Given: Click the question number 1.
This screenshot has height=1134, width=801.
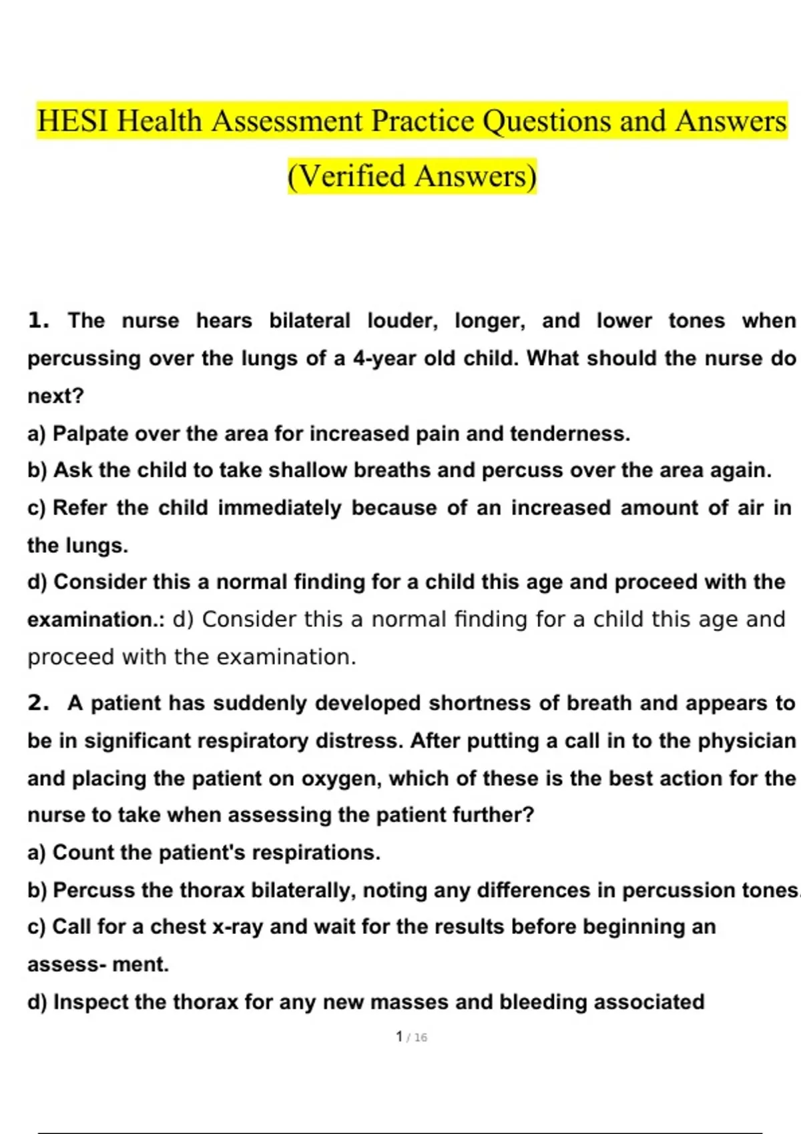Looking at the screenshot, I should (x=39, y=321).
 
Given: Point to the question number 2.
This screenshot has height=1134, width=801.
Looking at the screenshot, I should (x=39, y=703).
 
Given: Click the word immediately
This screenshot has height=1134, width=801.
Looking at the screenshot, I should (x=280, y=508).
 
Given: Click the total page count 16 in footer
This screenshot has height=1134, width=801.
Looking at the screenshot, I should (x=420, y=1038).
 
